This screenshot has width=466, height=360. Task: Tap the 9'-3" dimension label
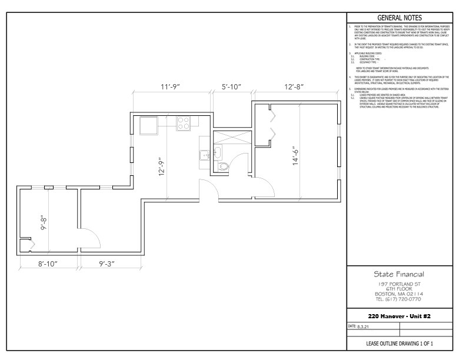pos(109,264)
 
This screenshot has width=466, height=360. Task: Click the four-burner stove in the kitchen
pos(184,124)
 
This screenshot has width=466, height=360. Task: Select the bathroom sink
pos(217,153)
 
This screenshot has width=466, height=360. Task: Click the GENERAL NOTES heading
pos(402,17)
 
